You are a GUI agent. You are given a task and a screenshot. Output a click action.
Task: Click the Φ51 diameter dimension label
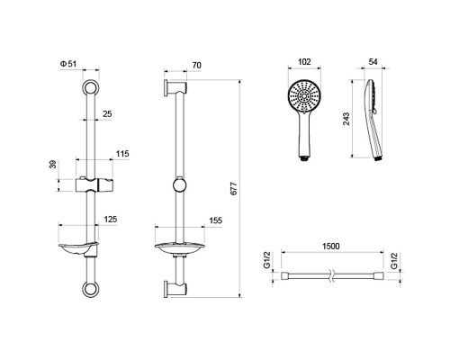68,64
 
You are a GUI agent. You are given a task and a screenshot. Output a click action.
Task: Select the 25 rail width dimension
107,114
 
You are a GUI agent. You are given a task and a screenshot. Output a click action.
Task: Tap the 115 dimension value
122,154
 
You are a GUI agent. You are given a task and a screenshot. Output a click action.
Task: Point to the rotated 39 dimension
53,165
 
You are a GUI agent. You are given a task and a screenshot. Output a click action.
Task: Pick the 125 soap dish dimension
111,220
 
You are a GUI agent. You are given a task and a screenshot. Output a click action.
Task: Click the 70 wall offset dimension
196,66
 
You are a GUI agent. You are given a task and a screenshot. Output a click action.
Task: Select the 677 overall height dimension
234,189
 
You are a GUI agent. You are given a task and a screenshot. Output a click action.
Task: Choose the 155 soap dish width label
216,220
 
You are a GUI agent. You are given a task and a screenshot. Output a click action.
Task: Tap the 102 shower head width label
304,62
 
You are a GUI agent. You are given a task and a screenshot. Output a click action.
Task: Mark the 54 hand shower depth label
373,62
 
